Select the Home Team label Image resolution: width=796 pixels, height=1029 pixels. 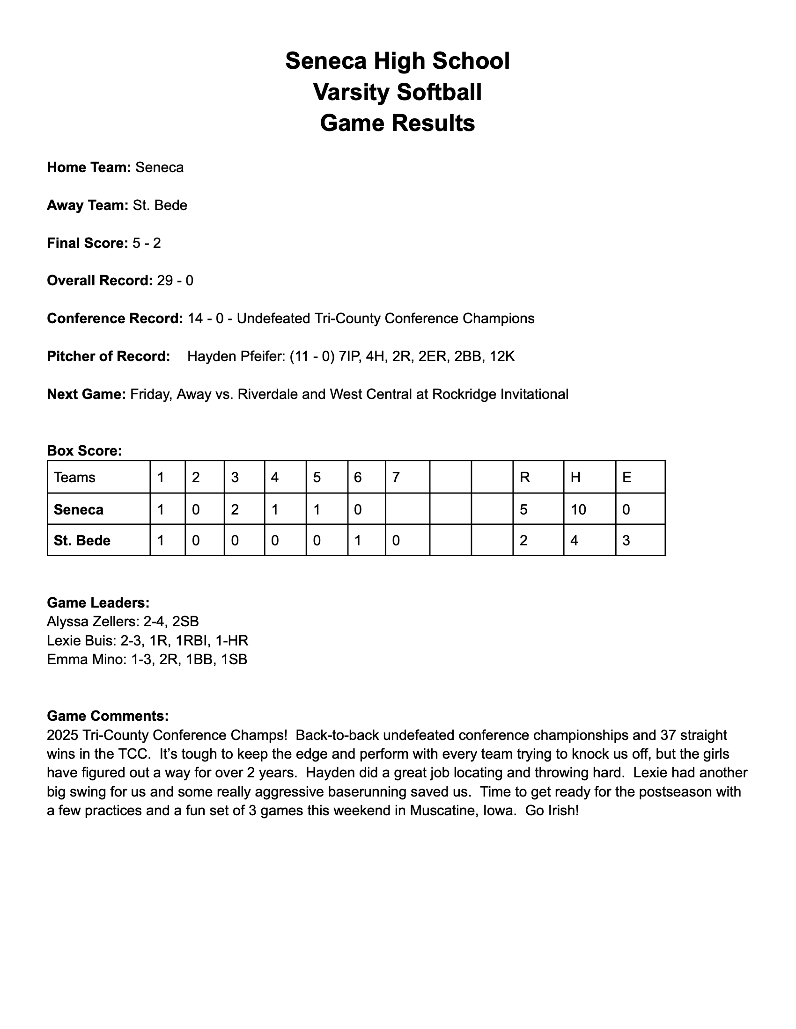pos(88,167)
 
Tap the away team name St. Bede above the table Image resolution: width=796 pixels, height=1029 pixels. pos(160,205)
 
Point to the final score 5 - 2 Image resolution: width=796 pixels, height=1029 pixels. pos(147,243)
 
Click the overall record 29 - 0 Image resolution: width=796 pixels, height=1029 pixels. pos(175,281)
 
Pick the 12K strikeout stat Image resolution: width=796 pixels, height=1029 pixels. pos(502,356)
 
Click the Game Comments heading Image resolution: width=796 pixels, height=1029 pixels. pos(108,716)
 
